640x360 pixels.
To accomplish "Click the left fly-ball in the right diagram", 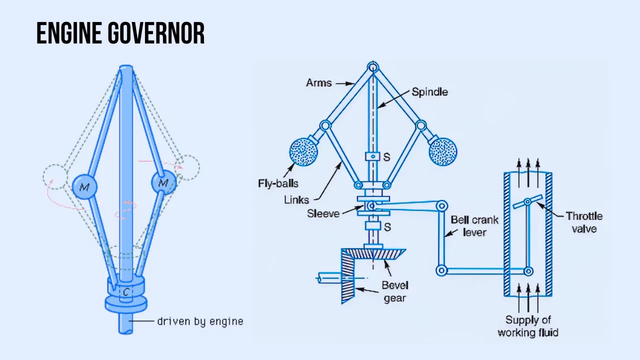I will (303, 151).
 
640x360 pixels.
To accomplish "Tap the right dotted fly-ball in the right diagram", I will (443, 151).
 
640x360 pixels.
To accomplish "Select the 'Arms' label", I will (318, 82).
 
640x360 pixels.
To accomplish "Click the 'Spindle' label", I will (429, 92).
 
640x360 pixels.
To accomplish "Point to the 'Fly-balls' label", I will (278, 183).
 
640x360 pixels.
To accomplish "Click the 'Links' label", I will (296, 199).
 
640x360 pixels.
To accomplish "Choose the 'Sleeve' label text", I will (323, 214).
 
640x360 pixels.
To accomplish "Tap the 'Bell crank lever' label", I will (474, 226).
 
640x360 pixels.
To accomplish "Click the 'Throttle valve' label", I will (584, 222).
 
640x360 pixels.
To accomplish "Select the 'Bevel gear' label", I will (395, 291).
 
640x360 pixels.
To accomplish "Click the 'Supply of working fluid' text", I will (528, 326).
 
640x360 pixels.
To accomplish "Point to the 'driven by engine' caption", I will (200, 321).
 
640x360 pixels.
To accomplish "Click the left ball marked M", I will (84, 187).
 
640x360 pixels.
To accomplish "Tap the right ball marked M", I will (163, 183).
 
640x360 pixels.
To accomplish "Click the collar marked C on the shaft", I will (126, 291).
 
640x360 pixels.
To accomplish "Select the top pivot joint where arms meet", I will (373, 67).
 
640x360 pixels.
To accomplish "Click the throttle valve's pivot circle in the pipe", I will (527, 201).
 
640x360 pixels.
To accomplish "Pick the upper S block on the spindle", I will (372, 156).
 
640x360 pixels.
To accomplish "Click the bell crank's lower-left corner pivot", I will (441, 270).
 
